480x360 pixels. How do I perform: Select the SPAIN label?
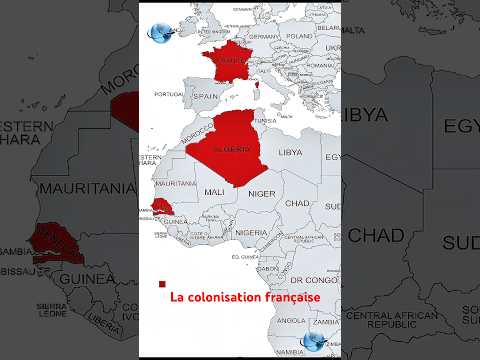pos(206,97)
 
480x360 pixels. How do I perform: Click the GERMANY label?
pos(261,38)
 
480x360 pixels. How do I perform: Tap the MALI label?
pos(215,191)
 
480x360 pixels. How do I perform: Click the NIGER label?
pos(261,192)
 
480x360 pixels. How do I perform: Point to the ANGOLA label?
pos(292,320)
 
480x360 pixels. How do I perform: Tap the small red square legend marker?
pos(161,284)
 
